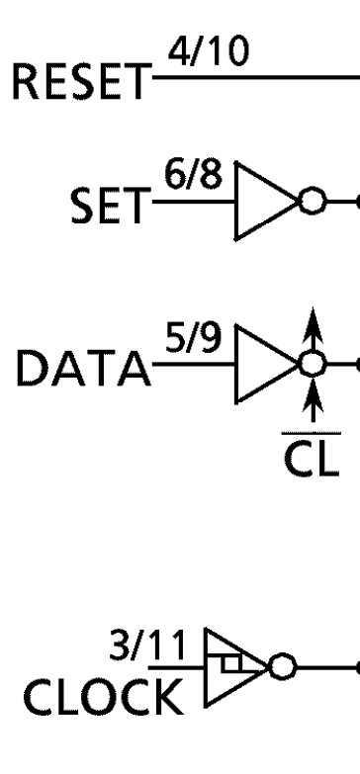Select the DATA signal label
[77, 373]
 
